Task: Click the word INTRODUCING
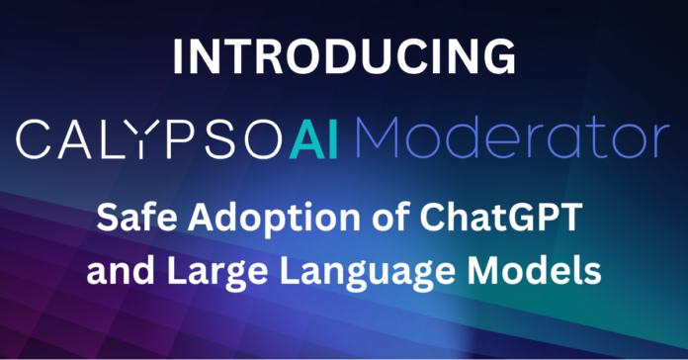point(343,57)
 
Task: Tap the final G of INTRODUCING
point(492,57)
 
